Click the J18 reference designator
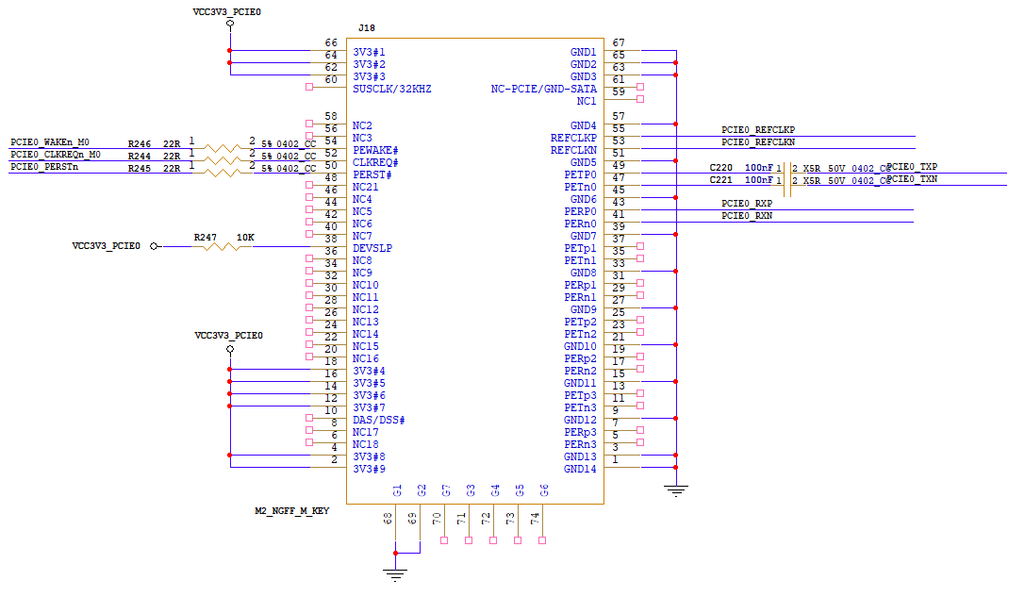tap(367, 28)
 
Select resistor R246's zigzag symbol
tap(222, 148)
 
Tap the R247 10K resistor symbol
tap(222, 246)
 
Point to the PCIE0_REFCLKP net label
tap(758, 130)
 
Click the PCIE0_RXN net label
tap(747, 216)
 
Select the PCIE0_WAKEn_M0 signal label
tap(50, 142)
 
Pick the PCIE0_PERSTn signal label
tap(44, 167)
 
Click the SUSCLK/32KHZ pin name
tap(392, 89)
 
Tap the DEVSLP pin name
tap(372, 248)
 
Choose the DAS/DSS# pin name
tap(378, 420)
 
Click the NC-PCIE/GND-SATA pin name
tap(544, 89)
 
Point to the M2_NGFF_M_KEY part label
tap(292, 510)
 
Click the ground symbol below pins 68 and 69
tap(395, 574)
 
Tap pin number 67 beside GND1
tap(619, 42)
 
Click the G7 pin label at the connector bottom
tap(446, 490)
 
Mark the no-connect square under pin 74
tap(542, 540)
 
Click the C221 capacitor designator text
tap(721, 180)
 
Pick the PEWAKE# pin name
tap(376, 150)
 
